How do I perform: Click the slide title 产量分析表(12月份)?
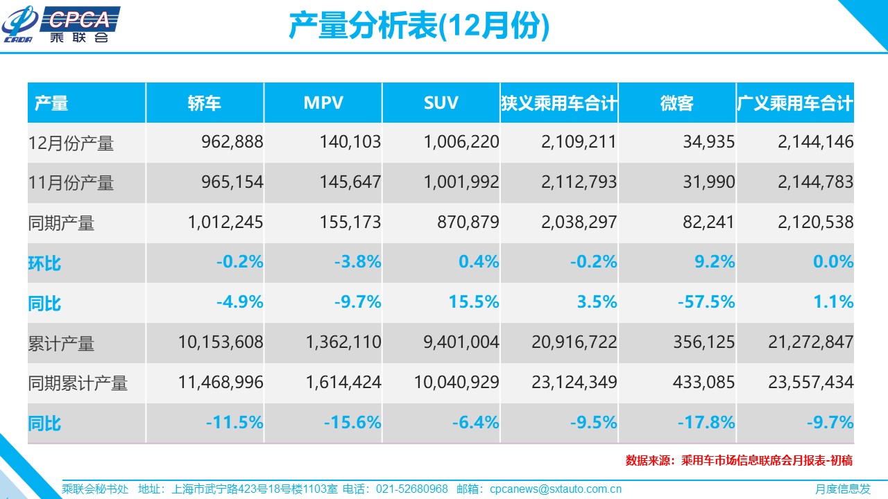click(x=418, y=26)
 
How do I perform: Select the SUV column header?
click(x=441, y=103)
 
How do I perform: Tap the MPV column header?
click(x=323, y=103)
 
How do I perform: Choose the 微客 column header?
click(x=677, y=103)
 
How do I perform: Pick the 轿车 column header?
click(x=205, y=103)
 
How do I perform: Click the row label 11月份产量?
click(x=71, y=183)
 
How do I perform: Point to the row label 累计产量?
click(x=61, y=344)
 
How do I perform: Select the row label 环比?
click(x=44, y=263)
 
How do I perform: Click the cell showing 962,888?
click(x=232, y=143)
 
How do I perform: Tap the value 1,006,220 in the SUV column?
click(x=461, y=143)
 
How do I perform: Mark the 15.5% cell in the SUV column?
click(x=475, y=302)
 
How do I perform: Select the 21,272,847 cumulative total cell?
click(x=811, y=342)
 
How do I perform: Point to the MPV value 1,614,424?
click(x=343, y=383)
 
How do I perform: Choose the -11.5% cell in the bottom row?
click(x=234, y=422)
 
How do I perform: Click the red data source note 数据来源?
click(x=739, y=460)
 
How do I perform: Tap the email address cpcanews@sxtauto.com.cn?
click(x=555, y=489)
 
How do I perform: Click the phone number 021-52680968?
click(x=412, y=489)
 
